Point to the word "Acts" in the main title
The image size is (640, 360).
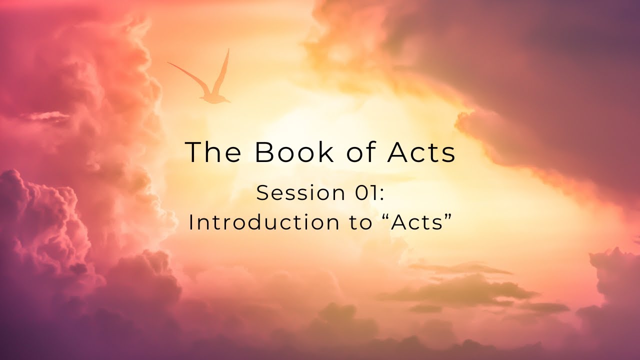click(x=420, y=152)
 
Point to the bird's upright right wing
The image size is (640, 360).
click(x=222, y=72)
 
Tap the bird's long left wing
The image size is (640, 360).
click(x=187, y=75)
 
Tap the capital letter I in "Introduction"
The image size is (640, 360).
click(x=190, y=222)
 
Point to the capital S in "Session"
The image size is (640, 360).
click(x=262, y=193)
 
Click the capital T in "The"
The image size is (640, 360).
click(x=193, y=152)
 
